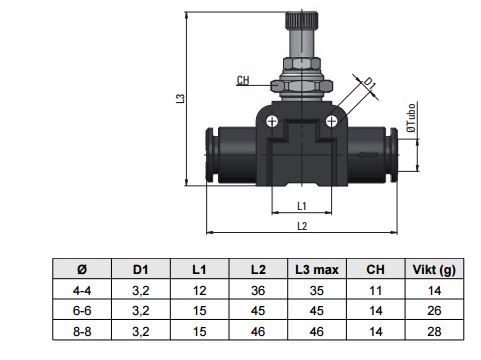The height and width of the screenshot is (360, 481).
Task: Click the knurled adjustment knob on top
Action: click(x=301, y=21)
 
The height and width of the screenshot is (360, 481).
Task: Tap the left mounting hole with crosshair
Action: click(x=272, y=121)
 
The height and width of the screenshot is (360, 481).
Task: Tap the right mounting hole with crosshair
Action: click(x=331, y=121)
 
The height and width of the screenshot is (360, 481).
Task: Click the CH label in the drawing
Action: click(x=243, y=80)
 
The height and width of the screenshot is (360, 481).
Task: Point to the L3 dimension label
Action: click(x=180, y=98)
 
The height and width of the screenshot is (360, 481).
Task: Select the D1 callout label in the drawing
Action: click(x=369, y=83)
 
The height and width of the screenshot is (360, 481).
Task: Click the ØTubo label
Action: click(x=411, y=118)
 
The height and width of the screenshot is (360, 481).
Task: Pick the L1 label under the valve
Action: click(x=302, y=206)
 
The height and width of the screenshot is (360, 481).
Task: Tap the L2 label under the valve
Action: click(x=302, y=226)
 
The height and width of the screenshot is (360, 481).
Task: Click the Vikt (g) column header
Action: click(x=434, y=269)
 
